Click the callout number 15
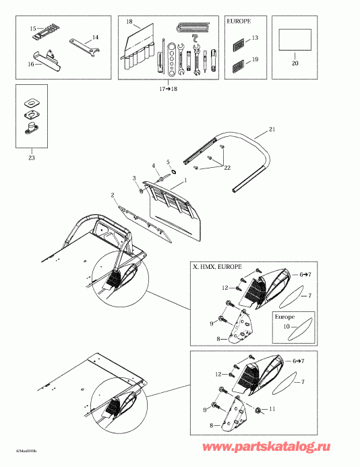coord(31,28)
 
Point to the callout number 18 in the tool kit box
coord(129,22)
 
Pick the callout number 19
coord(255,60)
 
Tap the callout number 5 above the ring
coord(169,162)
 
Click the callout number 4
coord(154,166)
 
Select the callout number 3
coord(134,178)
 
